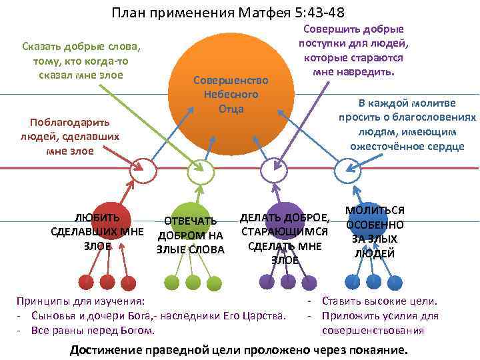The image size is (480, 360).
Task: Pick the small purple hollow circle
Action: pyautogui.click(x=271, y=171)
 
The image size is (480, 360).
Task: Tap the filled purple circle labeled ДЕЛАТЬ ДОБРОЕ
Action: pyautogui.click(x=285, y=231)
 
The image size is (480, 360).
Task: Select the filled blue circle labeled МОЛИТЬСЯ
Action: pyautogui.click(x=373, y=230)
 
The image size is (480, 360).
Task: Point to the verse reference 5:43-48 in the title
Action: pyautogui.click(x=313, y=13)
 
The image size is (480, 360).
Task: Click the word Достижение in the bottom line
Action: pyautogui.click(x=107, y=350)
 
